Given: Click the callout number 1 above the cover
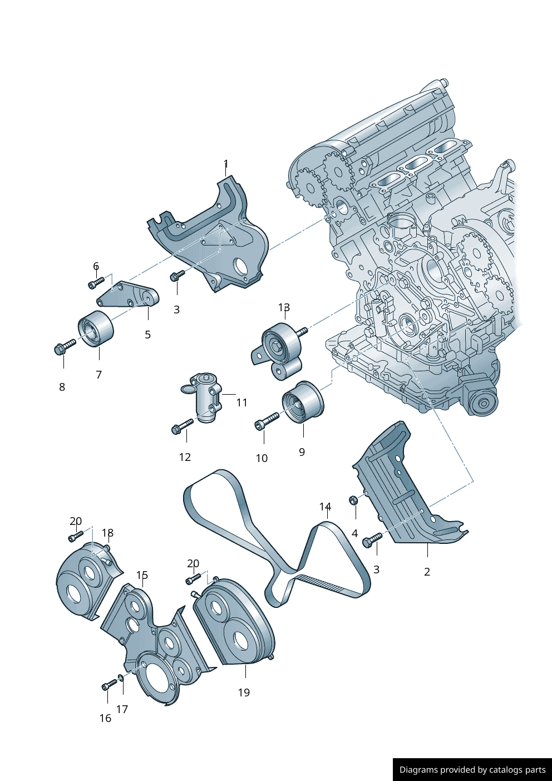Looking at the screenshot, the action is [x=226, y=164].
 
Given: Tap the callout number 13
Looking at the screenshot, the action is [x=284, y=307].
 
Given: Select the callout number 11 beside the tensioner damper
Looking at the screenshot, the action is [x=242, y=402].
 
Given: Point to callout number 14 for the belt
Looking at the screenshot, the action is [x=325, y=506].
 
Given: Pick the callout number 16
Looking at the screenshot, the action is [x=105, y=718].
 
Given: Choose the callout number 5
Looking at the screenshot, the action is [x=148, y=335].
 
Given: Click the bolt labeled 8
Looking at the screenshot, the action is [x=65, y=346].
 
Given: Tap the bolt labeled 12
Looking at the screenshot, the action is [x=183, y=426].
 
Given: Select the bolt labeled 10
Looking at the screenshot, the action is [x=267, y=421].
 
